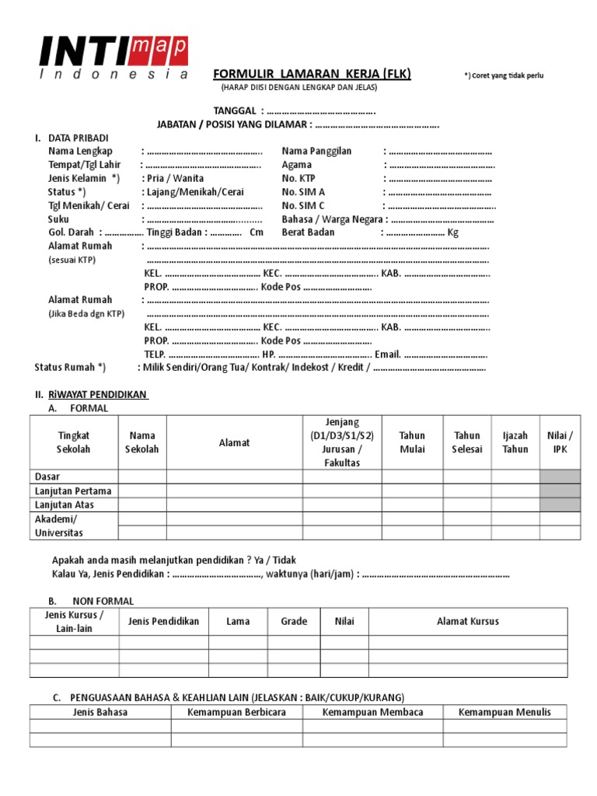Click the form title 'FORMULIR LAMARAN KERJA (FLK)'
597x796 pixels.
[312, 74]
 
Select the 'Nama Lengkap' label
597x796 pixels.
[80, 151]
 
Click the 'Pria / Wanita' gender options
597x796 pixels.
[175, 178]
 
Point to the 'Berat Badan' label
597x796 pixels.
[308, 232]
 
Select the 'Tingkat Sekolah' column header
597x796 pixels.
[74, 442]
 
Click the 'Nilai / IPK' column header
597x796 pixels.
[560, 442]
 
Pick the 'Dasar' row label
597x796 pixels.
[47, 477]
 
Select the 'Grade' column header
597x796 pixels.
[294, 621]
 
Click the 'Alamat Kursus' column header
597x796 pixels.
[467, 621]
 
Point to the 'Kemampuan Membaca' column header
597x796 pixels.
[361, 712]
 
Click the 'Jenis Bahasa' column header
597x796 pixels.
[99, 712]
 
